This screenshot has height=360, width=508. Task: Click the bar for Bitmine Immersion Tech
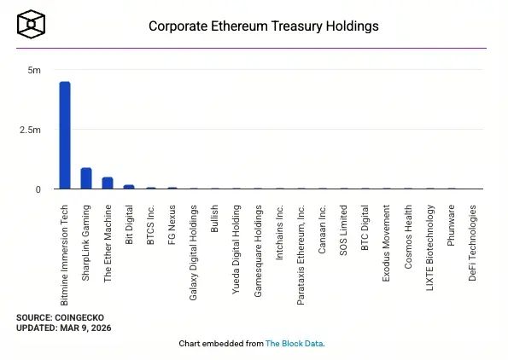64,135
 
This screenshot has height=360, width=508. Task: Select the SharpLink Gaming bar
86,178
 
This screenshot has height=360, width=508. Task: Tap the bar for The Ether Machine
108,183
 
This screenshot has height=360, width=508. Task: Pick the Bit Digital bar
129,186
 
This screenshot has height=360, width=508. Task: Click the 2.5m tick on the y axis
31,130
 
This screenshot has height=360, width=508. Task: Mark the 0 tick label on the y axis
38,189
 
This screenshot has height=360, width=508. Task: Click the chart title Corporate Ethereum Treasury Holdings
263,26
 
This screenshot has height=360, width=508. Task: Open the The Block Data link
294,344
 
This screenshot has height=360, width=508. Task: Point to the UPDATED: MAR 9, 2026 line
63,328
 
